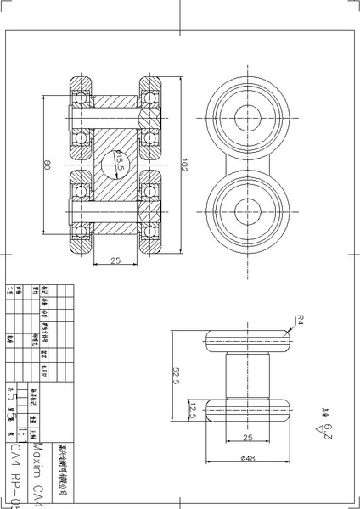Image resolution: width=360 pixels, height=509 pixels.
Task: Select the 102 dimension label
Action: [184, 167]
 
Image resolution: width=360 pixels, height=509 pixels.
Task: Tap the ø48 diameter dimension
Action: [249, 459]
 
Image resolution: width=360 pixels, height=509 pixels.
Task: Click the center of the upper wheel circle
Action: [250, 117]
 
